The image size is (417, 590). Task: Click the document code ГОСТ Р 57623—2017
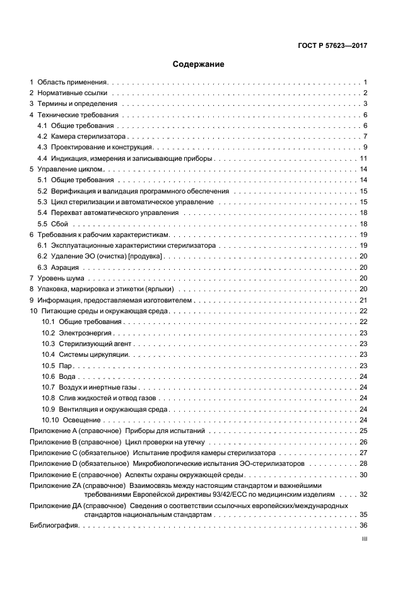(x=333, y=46)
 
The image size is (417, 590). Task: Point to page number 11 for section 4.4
(x=363, y=158)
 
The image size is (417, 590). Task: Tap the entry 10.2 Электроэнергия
(x=77, y=333)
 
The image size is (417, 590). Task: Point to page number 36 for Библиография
(x=363, y=525)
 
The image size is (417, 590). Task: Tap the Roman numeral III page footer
(x=364, y=540)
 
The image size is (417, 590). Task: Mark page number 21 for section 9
(x=363, y=300)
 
